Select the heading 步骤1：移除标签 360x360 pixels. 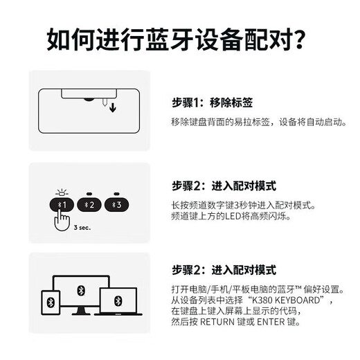pyautogui.click(x=212, y=103)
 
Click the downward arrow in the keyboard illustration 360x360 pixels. pyautogui.click(x=113, y=107)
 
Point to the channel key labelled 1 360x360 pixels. pyautogui.click(x=63, y=205)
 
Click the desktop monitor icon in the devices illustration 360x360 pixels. pyautogui.click(x=80, y=288)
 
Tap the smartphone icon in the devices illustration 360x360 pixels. pyautogui.click(x=51, y=302)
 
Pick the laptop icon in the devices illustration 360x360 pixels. pyautogui.click(x=117, y=303)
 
